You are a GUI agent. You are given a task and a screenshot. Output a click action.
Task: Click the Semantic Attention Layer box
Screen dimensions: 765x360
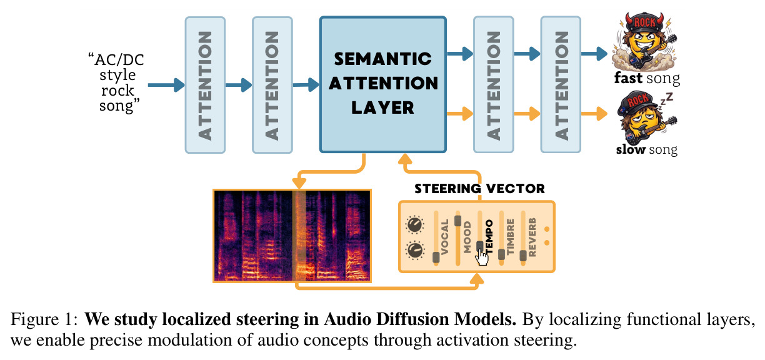coord(383,84)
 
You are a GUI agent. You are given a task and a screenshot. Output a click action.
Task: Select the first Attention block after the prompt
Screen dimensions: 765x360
coord(205,85)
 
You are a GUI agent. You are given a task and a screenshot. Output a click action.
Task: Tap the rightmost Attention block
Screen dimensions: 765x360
coord(561,84)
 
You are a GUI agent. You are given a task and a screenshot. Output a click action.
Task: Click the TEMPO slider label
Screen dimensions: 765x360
coord(489,236)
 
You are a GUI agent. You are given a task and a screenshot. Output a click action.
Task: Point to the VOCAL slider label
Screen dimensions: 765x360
coord(444,237)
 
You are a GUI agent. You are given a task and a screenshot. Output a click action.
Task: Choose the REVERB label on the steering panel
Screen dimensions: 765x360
coord(532,237)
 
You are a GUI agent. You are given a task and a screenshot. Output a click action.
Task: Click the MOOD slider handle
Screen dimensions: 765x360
coord(458,221)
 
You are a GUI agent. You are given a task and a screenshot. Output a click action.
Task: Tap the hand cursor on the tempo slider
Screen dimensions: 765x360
coord(482,257)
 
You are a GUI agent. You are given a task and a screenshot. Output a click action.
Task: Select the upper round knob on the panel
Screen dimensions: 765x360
coord(414,225)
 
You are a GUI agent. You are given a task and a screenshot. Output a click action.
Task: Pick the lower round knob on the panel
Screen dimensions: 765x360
coord(414,250)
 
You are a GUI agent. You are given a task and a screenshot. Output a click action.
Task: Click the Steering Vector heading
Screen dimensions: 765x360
coord(479,189)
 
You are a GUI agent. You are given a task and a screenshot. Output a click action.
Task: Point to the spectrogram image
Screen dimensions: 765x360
coord(292,236)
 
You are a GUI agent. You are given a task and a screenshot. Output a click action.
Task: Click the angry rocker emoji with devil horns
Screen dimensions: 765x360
coord(644,41)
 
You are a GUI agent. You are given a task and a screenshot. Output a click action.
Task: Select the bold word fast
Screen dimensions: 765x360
coord(628,78)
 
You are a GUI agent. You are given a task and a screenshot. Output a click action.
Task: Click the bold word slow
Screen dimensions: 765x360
coord(631,149)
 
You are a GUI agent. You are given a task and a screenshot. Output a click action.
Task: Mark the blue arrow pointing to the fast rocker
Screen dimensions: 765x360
coord(594,54)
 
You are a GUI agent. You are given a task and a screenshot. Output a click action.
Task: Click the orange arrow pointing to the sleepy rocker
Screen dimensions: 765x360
coord(594,113)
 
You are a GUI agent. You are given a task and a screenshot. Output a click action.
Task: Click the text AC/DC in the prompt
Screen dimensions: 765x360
coord(119,60)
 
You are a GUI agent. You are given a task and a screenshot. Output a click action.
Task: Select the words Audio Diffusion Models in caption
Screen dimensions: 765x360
coord(420,319)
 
